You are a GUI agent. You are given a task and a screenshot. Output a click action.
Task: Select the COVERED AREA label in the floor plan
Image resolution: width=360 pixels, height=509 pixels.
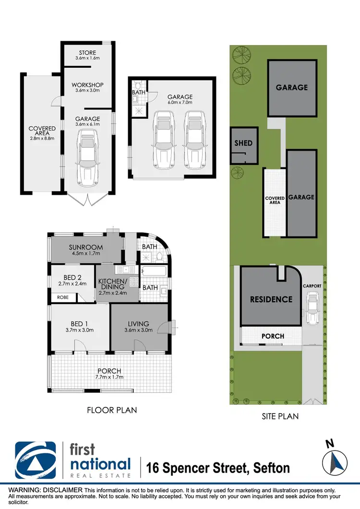pyautogui.click(x=42, y=131)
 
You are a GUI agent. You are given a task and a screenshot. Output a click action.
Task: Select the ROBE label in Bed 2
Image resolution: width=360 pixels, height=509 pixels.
pyautogui.click(x=63, y=297)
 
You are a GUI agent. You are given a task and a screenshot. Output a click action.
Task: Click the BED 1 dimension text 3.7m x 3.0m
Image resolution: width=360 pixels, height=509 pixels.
pyautogui.click(x=80, y=330)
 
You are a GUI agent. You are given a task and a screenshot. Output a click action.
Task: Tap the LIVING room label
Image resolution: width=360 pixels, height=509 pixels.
pyautogui.click(x=139, y=324)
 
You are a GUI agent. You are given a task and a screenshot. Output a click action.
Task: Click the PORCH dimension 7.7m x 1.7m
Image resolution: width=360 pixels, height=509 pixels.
pyautogui.click(x=109, y=378)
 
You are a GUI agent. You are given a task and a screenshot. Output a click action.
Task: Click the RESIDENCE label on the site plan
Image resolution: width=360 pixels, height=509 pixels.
pyautogui.click(x=271, y=299)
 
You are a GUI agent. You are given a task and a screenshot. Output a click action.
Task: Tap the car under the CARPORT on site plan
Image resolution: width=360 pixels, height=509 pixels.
pyautogui.click(x=312, y=309)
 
